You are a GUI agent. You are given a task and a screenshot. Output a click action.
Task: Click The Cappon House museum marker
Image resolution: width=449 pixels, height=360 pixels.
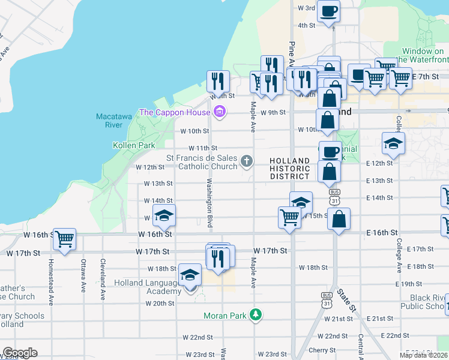(220, 112)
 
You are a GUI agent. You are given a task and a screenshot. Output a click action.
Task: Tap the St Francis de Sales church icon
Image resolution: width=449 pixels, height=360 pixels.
(246, 160)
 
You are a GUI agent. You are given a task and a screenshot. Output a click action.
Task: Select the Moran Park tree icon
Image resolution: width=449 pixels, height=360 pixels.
(256, 314)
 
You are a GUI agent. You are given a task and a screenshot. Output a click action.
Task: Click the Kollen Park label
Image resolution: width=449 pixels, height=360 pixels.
(134, 145)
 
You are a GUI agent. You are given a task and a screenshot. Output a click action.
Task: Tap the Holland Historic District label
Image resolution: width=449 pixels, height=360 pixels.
(289, 169)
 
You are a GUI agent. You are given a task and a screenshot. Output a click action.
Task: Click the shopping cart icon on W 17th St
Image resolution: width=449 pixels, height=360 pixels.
(64, 239)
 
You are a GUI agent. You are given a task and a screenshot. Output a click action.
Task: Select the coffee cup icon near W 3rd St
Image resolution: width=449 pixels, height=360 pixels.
(328, 11)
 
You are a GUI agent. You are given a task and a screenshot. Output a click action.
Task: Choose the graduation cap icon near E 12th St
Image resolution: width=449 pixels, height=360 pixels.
(393, 143)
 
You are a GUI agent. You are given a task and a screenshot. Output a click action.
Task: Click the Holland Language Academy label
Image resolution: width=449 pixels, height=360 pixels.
(147, 287)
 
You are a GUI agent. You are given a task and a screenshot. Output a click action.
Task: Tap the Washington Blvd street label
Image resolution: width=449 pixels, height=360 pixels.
(210, 203)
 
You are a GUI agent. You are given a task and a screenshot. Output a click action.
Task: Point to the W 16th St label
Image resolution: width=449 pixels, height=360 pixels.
(155, 233)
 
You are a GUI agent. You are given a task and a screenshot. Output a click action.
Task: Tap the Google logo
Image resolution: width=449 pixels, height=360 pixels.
(20, 353)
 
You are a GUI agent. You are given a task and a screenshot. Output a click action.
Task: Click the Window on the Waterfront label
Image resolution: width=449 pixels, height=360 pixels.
(425, 56)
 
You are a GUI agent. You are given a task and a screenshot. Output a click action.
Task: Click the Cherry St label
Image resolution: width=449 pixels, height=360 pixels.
(322, 350)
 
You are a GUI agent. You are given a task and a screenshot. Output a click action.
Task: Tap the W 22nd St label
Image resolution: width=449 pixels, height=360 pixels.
(198, 337)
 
